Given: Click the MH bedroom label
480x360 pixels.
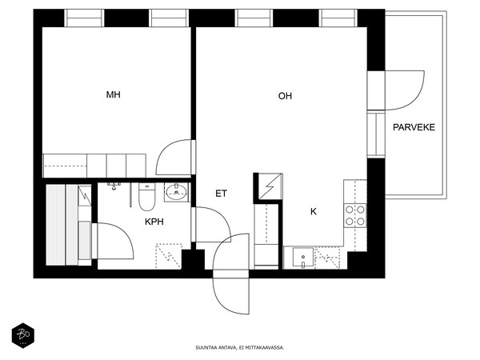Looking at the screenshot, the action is coord(114,94).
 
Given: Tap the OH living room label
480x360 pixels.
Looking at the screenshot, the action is coord(285,96).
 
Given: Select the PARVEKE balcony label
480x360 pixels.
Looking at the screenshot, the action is coord(414,127).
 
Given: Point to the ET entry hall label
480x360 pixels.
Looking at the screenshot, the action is coord(221,194).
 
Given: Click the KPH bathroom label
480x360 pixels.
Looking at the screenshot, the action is coord(154,222).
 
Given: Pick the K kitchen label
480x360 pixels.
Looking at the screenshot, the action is coord(314,211).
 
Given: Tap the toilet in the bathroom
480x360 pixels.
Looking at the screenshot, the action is coord(147,197).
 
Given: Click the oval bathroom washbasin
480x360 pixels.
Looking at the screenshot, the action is coord(177,192).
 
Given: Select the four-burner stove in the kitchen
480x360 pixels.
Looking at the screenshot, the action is coord(355,215).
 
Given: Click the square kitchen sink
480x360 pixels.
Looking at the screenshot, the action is coord(303,257).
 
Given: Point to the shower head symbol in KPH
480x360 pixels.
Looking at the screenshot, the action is coord(114,186).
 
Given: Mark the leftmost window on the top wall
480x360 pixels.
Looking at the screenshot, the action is coord(84,18).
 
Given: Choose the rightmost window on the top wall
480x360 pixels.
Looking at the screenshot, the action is coord(338,18).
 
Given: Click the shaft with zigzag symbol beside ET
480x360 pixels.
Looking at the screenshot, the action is coord(268,188).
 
